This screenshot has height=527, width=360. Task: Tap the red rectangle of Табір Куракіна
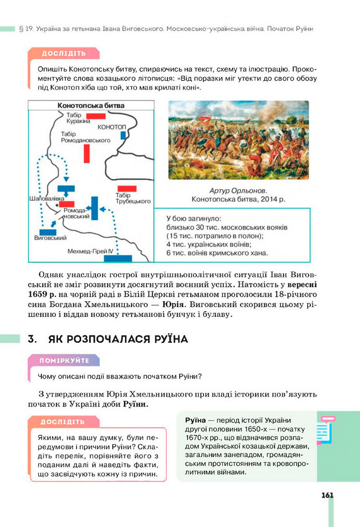96,116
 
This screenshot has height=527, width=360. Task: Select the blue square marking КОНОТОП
123,135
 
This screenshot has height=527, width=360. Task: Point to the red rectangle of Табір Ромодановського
87,153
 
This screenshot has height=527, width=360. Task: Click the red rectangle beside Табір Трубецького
127,188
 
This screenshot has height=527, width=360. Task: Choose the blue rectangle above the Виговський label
48,232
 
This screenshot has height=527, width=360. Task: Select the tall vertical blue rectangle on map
95,209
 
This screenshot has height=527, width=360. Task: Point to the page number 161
327,495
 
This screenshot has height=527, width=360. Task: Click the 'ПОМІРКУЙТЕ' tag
65,360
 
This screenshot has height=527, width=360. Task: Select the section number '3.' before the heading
35,340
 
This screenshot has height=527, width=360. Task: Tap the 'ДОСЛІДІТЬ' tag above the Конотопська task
64,53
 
